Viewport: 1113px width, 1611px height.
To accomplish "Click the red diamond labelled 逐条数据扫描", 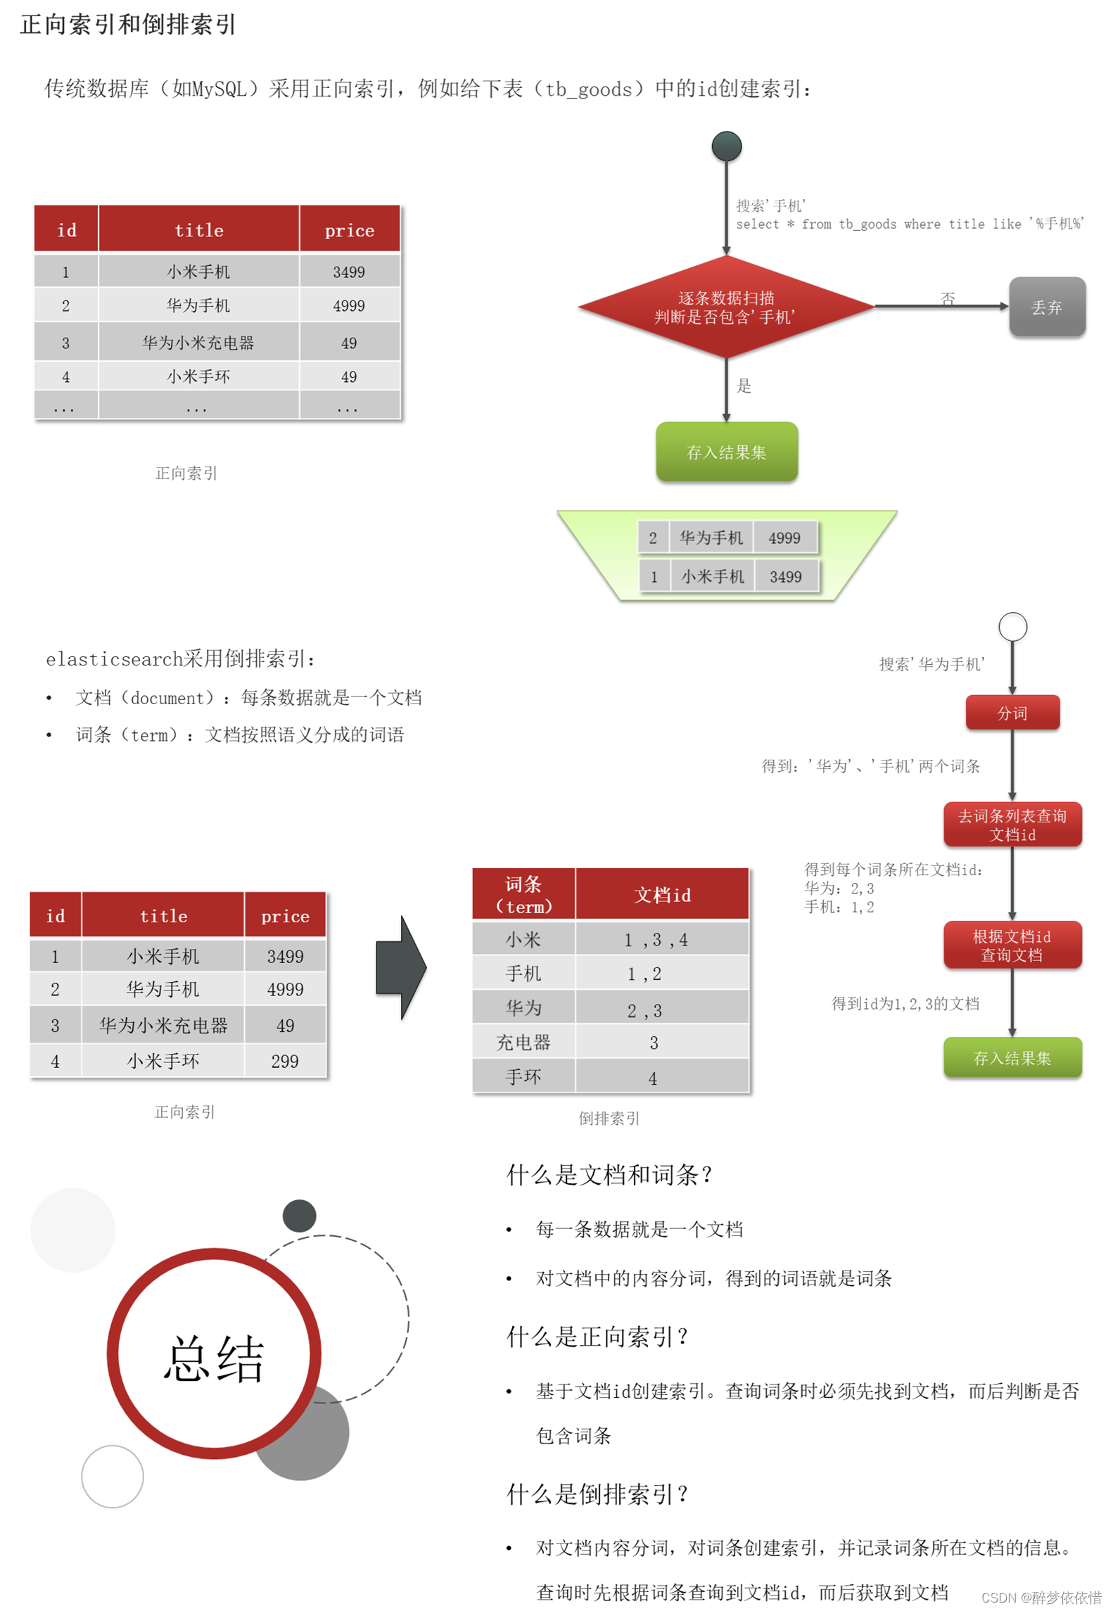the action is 725,307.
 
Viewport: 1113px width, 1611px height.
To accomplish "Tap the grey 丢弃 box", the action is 1046,307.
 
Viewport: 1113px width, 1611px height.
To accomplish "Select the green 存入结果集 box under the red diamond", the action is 726,452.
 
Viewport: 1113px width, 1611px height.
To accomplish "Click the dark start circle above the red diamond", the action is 726,146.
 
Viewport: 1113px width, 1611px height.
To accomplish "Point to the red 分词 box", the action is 1012,713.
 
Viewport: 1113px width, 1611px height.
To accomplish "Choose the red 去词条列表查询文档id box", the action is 1012,824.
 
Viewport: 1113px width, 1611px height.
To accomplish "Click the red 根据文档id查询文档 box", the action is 1012,945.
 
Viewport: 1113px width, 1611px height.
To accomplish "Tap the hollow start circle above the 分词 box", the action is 1012,626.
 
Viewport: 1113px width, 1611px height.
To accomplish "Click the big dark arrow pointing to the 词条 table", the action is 401,968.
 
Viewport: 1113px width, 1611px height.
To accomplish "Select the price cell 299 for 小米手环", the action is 285,1061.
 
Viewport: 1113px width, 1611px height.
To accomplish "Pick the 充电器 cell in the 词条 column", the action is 523,1043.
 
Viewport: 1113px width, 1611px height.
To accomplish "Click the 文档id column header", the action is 662,895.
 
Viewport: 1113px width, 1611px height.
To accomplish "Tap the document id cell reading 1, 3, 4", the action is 656,940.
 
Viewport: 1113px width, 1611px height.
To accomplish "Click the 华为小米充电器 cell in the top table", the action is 198,343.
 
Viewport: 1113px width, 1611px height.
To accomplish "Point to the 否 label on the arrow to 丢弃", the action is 948,298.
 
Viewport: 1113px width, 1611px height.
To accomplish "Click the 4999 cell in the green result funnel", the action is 784,538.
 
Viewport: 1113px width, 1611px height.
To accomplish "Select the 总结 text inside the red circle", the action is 214,1358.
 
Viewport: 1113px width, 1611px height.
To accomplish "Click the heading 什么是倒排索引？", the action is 597,1494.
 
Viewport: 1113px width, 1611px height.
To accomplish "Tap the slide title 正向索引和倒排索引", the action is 128,25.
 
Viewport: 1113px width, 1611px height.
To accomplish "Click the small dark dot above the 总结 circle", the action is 299,1216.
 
